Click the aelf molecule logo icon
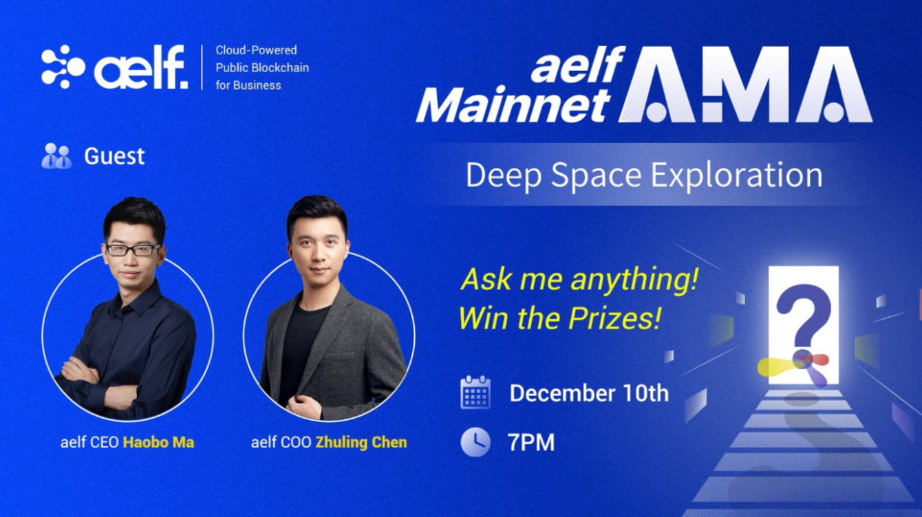click(x=63, y=67)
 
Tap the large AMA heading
click(x=745, y=85)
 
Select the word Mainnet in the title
click(x=513, y=104)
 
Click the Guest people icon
click(x=57, y=156)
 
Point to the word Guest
click(x=114, y=156)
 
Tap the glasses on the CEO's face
click(x=133, y=250)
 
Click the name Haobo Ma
click(x=159, y=443)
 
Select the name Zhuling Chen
click(x=361, y=443)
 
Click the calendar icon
click(x=475, y=392)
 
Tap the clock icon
click(x=475, y=442)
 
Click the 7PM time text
click(x=531, y=443)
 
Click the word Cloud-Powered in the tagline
click(x=256, y=50)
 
